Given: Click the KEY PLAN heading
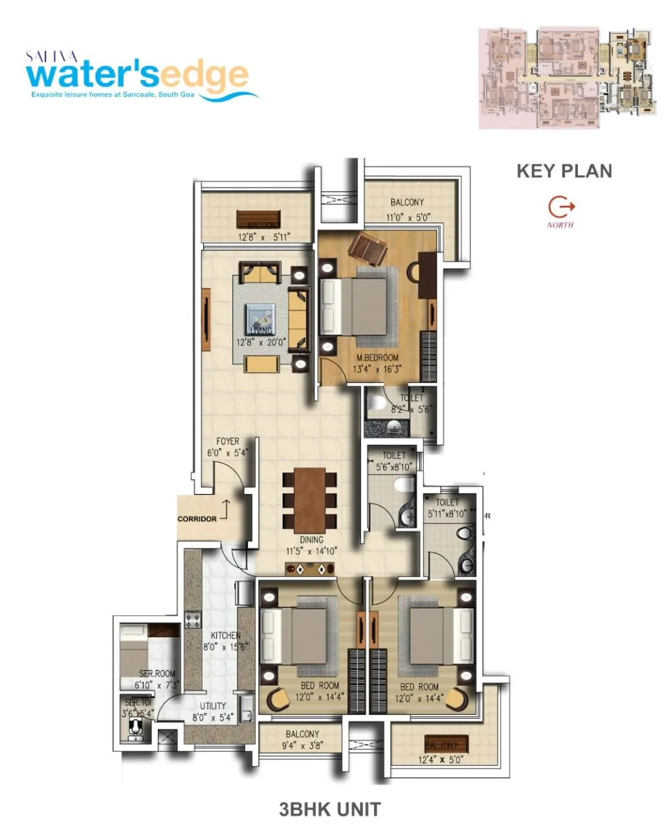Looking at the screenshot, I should tap(564, 171).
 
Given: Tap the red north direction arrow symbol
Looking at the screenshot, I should tap(561, 207).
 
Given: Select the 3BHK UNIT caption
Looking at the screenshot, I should tap(330, 809).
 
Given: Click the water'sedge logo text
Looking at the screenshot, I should tap(137, 75).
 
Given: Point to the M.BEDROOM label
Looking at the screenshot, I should tap(377, 358).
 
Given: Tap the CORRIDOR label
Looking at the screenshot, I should tap(197, 519).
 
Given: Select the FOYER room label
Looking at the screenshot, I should tap(228, 442).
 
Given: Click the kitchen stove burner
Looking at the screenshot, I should tap(193, 620).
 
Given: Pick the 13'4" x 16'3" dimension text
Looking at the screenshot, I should tap(377, 369).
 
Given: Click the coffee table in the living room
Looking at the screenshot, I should tap(260, 317).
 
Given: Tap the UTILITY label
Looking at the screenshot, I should tap(213, 706).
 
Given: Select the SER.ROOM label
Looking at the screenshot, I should tap(157, 673).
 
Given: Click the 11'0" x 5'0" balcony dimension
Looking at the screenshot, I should tap(408, 218).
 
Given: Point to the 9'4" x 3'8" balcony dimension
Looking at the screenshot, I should tap(302, 745).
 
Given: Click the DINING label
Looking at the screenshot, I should tap(311, 539).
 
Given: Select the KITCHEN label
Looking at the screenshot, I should tap(225, 636).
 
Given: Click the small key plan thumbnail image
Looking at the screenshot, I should tap(567, 78).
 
